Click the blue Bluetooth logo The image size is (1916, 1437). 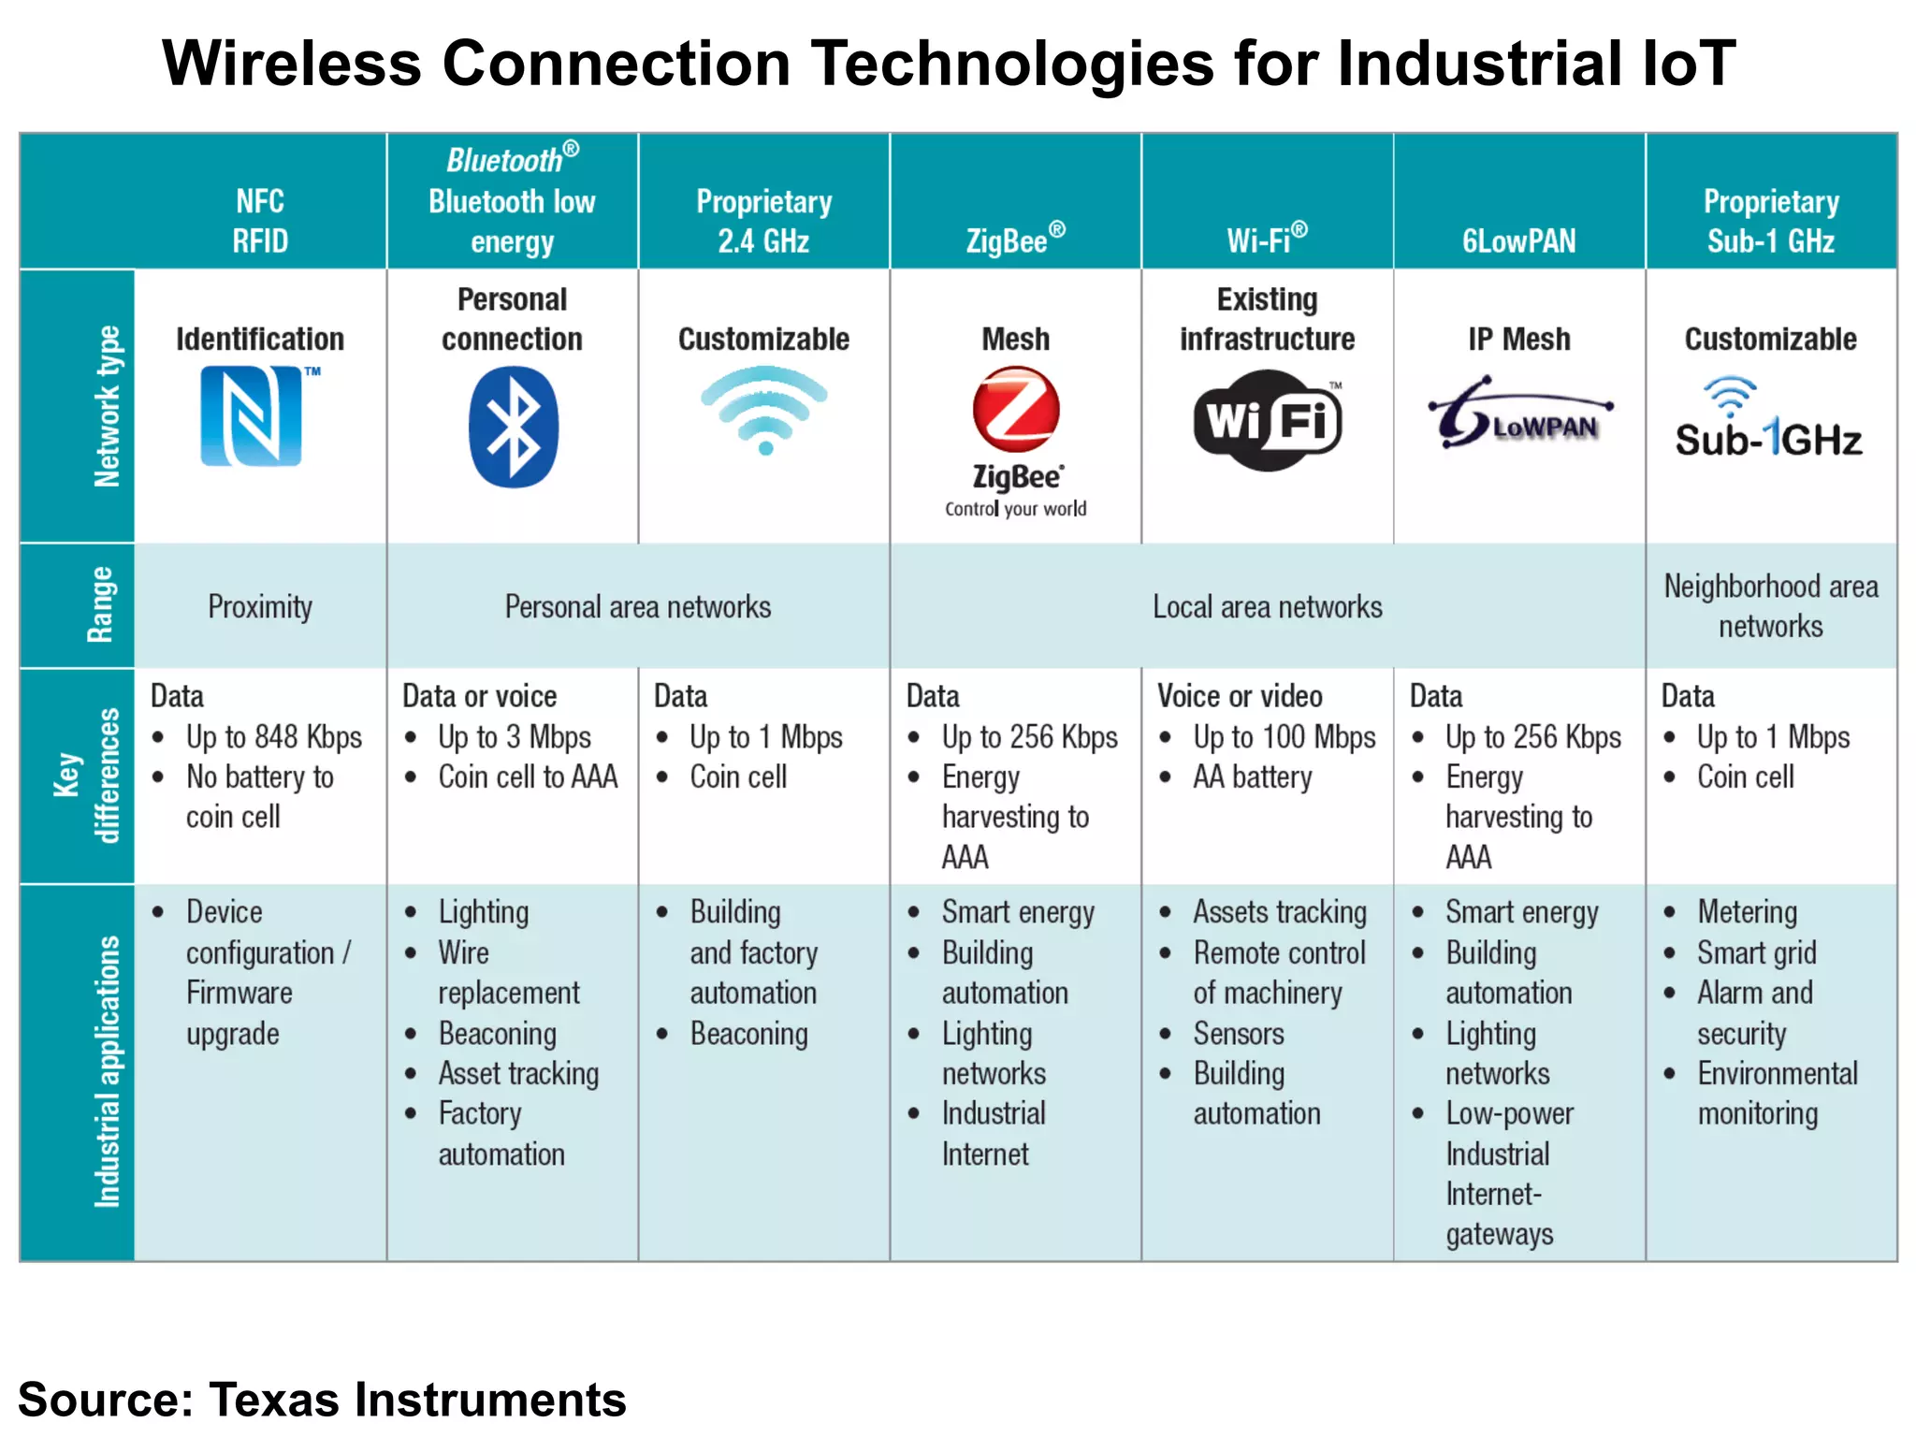pos(513,427)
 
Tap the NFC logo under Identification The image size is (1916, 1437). pos(253,415)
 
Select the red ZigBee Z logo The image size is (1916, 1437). pos(1016,410)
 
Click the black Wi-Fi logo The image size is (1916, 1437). pos(1268,420)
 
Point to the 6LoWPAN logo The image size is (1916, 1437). pos(1519,414)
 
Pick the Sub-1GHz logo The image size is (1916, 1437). pos(1768,421)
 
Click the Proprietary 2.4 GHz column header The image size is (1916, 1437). pos(763,221)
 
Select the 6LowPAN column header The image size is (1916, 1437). pos(1519,241)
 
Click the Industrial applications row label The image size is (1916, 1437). pos(107,1071)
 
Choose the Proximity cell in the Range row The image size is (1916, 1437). pos(260,607)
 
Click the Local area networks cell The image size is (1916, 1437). pos(1267,607)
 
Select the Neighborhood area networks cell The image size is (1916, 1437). pos(1770,606)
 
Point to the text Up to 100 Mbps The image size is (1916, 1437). pos(1284,737)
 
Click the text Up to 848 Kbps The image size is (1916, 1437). pos(273,737)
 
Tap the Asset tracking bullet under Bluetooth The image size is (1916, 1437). pos(518,1074)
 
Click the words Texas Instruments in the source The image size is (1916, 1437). pos(417,1400)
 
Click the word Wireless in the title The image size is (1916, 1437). pos(292,64)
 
